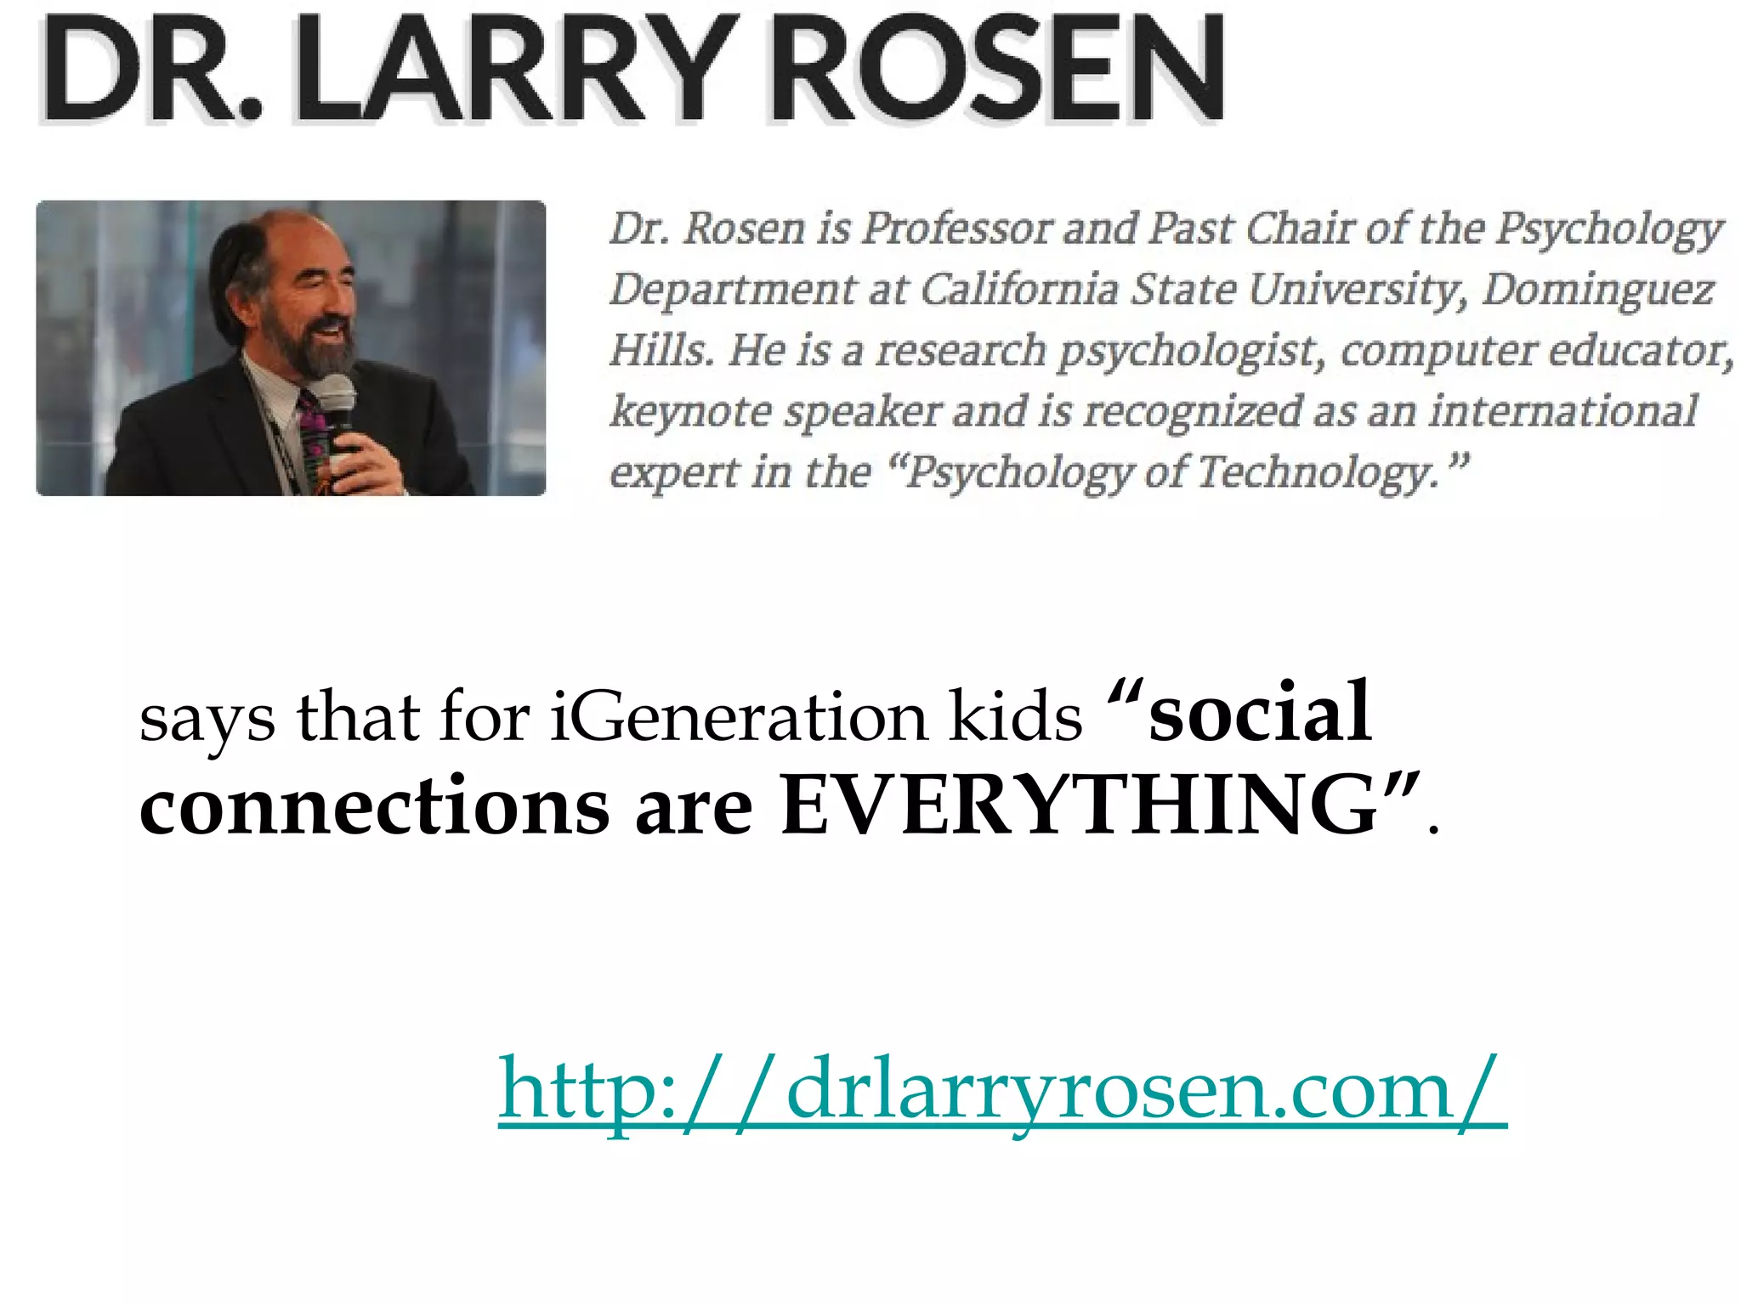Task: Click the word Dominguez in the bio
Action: point(1598,290)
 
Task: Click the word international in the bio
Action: point(1562,411)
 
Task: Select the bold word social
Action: point(1258,714)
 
